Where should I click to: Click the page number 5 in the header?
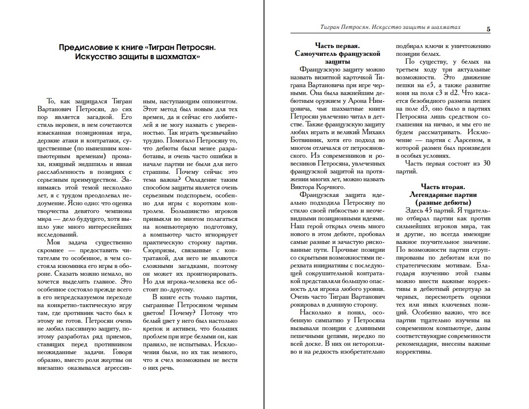(x=488, y=29)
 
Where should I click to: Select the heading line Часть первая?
(x=339, y=46)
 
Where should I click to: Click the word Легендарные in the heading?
(x=429, y=195)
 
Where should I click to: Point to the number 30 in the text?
(x=486, y=163)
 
